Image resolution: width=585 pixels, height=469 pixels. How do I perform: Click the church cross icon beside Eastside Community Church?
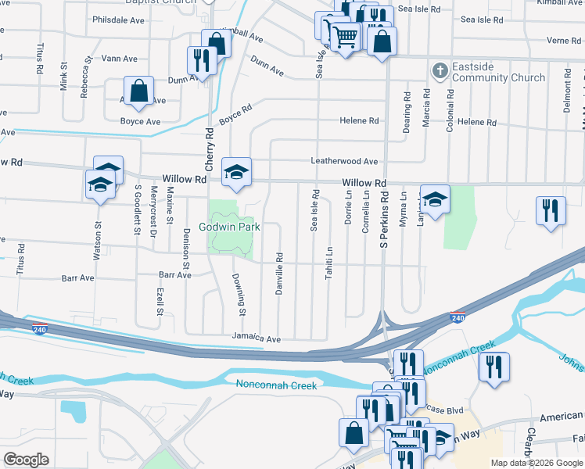tap(440, 72)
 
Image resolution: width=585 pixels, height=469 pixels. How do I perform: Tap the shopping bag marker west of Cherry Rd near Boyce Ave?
tap(138, 91)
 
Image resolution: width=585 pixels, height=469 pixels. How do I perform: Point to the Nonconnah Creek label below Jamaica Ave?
tap(276, 385)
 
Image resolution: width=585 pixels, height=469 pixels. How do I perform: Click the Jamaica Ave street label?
tap(255, 338)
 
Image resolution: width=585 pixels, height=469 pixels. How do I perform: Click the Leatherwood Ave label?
tap(344, 161)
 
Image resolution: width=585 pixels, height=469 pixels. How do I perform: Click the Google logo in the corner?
tap(26, 460)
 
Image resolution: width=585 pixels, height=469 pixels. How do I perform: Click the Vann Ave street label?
tap(119, 59)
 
